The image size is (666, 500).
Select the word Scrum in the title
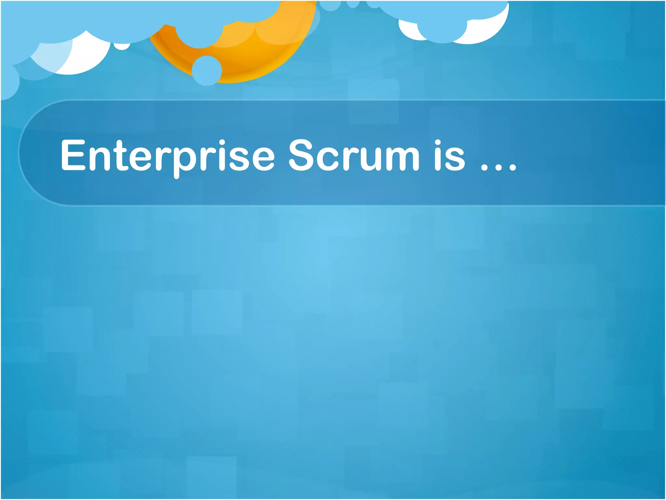[354, 156]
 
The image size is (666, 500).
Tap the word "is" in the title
[450, 156]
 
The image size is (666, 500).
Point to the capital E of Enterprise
[73, 155]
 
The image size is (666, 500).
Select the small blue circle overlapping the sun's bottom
[206, 71]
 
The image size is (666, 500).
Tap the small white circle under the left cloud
[122, 46]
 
